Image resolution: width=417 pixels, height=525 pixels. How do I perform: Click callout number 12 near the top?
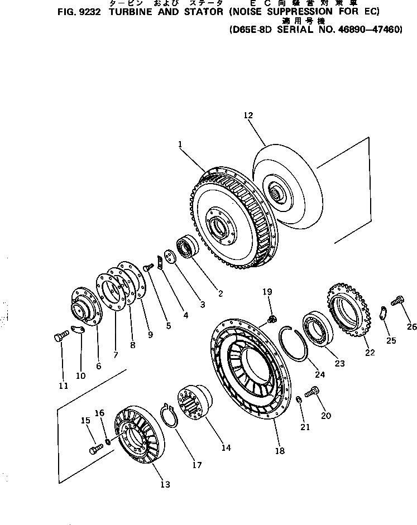tap(248, 115)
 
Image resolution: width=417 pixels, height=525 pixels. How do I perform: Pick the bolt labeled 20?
tap(313, 392)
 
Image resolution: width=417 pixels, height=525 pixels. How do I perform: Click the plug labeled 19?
tap(272, 319)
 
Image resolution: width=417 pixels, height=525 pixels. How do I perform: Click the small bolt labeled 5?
tap(148, 268)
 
